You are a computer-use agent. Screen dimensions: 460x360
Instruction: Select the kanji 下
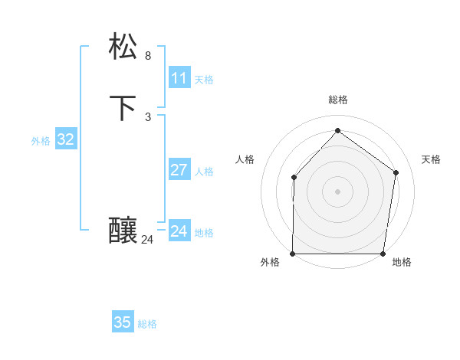tap(124, 107)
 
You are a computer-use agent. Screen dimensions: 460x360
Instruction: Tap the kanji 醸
tap(124, 230)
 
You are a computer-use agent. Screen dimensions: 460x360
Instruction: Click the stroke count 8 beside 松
tap(148, 56)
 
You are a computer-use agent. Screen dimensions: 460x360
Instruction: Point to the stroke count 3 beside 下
tap(148, 117)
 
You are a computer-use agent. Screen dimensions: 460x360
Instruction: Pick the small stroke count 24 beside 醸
tap(147, 240)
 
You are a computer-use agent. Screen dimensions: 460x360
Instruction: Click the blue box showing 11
tap(179, 78)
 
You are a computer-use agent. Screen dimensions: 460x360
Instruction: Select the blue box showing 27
tap(179, 170)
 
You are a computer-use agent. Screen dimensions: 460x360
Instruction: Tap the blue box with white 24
tap(179, 231)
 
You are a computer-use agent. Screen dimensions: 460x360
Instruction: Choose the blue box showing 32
tap(66, 139)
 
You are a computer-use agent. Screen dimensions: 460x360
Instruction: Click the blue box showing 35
tap(123, 322)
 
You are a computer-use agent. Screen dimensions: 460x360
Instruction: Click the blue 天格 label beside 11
tap(204, 80)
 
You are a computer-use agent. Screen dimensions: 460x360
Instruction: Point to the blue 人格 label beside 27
tap(204, 172)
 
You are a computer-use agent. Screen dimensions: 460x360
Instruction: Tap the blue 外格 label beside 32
tap(41, 141)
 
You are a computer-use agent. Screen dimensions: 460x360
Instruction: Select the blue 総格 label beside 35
tap(147, 324)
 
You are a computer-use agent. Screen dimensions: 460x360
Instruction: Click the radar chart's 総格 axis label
tap(337, 100)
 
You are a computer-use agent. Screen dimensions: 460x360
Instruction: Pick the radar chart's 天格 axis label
tap(431, 159)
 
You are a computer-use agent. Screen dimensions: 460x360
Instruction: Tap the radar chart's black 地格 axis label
tap(402, 263)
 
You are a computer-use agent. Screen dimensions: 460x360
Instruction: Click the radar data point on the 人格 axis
tap(294, 178)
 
